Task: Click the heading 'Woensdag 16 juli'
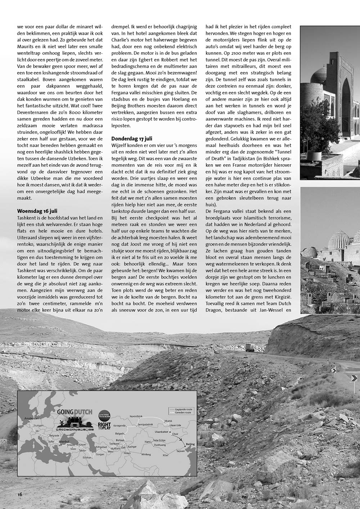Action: coord(37,211)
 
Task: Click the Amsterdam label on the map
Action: coord(31,418)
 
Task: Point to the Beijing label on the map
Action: coord(190,444)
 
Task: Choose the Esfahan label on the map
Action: coord(87,458)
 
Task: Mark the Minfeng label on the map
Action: coord(146,455)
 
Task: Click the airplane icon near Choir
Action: coord(181,439)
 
